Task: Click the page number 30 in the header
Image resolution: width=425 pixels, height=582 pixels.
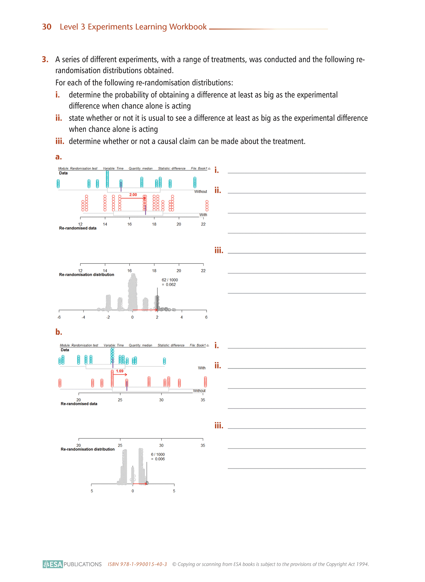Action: point(47,27)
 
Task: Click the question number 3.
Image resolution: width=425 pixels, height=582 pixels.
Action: point(45,59)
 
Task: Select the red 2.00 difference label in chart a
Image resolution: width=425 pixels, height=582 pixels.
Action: point(133,195)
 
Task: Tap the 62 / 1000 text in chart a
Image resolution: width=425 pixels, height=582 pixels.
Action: point(170,280)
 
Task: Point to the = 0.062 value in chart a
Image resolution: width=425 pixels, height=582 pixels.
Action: point(169,285)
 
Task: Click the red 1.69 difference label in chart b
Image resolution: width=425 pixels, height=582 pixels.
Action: point(120,371)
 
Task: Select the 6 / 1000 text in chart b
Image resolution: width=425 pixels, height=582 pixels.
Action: point(158,454)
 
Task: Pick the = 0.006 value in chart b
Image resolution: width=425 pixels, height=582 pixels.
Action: point(158,459)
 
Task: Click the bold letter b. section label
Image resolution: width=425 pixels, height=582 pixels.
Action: point(59,332)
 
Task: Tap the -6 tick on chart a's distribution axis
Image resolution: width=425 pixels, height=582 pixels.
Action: point(59,317)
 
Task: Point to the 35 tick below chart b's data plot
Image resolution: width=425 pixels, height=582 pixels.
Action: point(203,400)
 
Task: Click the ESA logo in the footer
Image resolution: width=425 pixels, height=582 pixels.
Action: point(53,564)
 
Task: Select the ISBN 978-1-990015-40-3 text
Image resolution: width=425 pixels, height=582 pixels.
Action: point(137,564)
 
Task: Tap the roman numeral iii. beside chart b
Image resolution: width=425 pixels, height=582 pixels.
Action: point(219,426)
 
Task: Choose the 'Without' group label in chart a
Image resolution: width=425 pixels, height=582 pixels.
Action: point(201,191)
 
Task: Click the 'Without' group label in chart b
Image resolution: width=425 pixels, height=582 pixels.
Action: point(199,391)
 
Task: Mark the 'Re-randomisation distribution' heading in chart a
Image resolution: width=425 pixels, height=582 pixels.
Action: point(86,275)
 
